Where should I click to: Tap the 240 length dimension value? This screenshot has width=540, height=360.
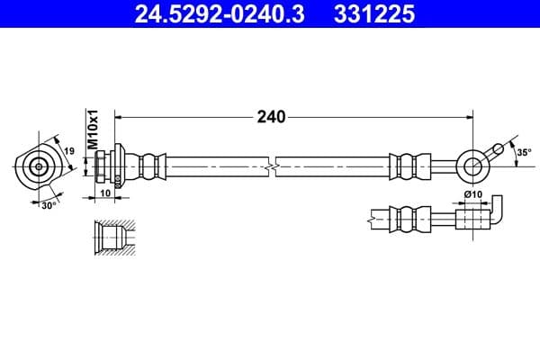pos(271,116)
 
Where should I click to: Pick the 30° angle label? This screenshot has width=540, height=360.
pos(49,204)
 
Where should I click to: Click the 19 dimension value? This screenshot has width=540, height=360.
pos(68,152)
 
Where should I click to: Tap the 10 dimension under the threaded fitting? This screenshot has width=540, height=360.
pos(105,193)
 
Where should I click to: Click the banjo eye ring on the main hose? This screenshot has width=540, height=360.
pos(471,166)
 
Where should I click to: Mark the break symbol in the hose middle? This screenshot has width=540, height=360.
pos(270,166)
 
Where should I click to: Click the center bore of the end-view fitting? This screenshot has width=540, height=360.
pos(39,166)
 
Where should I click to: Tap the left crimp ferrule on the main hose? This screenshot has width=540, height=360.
pos(150,166)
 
